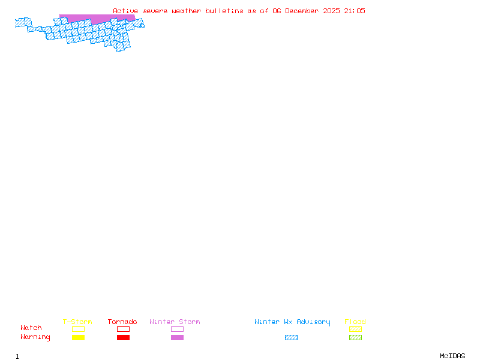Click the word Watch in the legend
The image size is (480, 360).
(31, 328)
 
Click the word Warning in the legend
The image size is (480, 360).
(35, 337)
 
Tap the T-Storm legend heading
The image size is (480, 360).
(77, 322)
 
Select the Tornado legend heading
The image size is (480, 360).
(122, 322)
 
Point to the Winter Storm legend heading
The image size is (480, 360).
(175, 322)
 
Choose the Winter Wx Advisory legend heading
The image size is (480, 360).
(292, 322)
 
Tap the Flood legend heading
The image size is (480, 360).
(355, 322)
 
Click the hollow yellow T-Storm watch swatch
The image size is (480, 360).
(78, 329)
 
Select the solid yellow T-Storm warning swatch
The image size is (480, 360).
(78, 338)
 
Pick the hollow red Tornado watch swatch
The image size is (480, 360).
(123, 329)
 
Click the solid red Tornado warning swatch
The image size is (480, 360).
(123, 338)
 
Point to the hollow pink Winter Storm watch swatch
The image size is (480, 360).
(177, 329)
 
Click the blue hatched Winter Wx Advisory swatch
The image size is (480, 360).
(291, 338)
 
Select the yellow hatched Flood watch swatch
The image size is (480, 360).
(355, 329)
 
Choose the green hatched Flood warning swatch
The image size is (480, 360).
(355, 338)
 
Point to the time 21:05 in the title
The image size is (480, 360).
(354, 11)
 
